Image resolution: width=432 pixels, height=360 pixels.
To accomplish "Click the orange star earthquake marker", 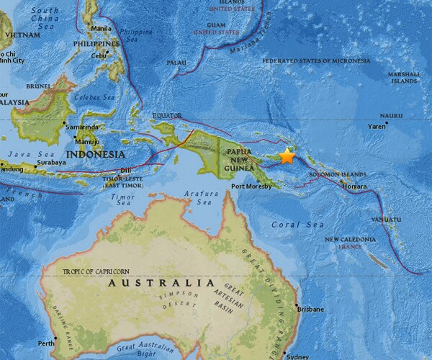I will tap(287, 156).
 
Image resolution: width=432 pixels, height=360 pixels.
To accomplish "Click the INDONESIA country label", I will tap(95, 154).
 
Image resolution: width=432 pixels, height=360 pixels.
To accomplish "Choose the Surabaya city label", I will tap(50, 163).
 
